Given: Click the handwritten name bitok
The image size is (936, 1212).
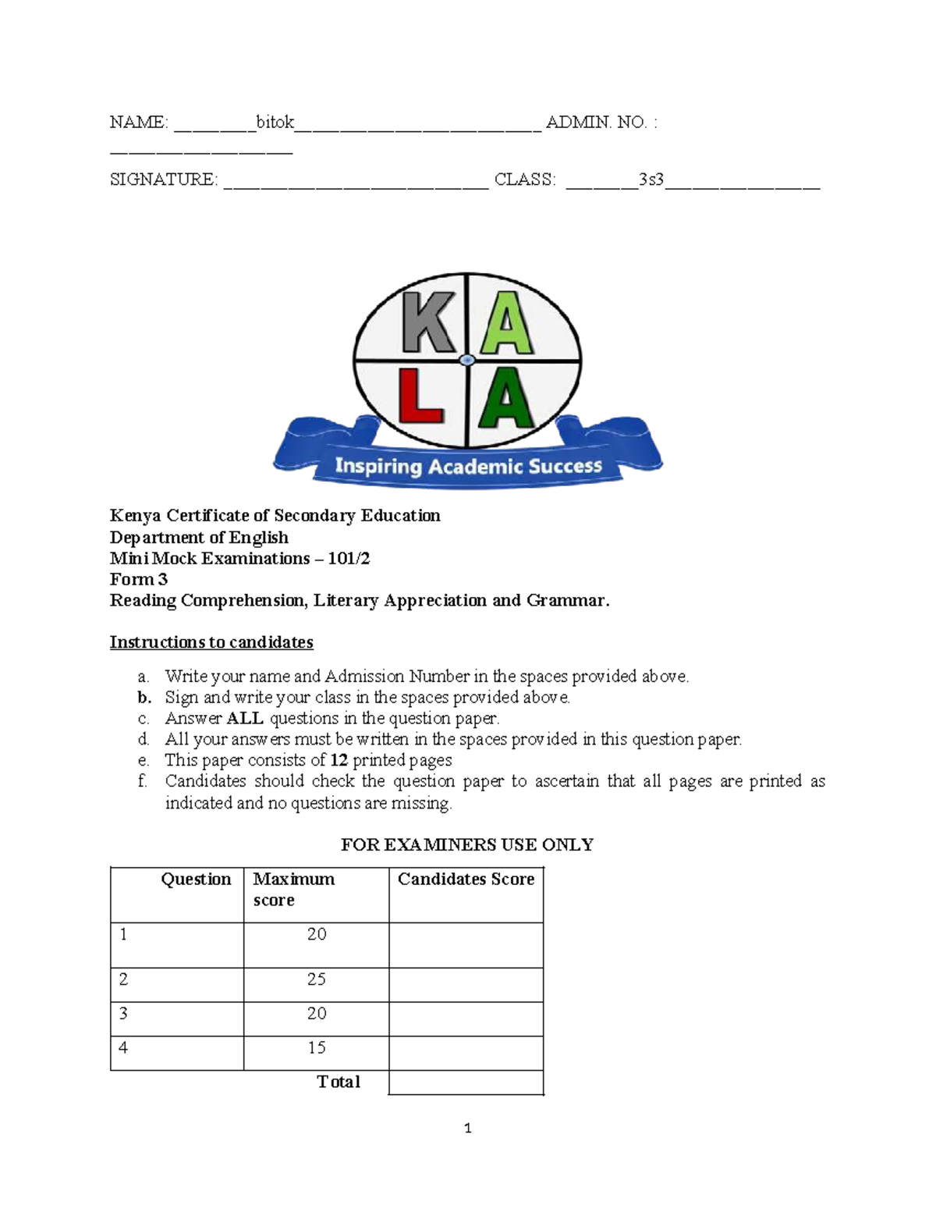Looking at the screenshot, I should pyautogui.click(x=275, y=123).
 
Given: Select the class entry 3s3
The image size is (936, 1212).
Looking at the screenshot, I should pyautogui.click(x=651, y=180).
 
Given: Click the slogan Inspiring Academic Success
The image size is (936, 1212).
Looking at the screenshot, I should pyautogui.click(x=468, y=467).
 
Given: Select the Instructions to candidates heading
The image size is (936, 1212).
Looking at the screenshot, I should pyautogui.click(x=211, y=642).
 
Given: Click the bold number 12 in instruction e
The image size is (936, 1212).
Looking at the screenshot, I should pyautogui.click(x=339, y=760).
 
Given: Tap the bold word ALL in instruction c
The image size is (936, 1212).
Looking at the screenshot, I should pyautogui.click(x=245, y=718).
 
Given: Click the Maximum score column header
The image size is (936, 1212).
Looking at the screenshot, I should pyautogui.click(x=293, y=889).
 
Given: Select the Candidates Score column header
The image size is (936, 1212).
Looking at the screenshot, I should pyautogui.click(x=466, y=880).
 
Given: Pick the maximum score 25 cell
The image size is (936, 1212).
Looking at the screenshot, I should pyautogui.click(x=316, y=979).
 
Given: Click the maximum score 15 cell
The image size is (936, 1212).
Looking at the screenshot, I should pyautogui.click(x=316, y=1048).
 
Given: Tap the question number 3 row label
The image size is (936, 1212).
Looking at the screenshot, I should pyautogui.click(x=123, y=1014).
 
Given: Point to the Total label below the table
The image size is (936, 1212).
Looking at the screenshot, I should pyautogui.click(x=338, y=1082).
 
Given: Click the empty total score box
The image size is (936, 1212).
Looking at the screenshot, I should pyautogui.click(x=466, y=1082).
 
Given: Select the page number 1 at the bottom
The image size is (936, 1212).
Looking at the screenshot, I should pyautogui.click(x=467, y=1128).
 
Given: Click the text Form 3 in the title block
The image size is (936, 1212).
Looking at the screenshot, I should pyautogui.click(x=139, y=579).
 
